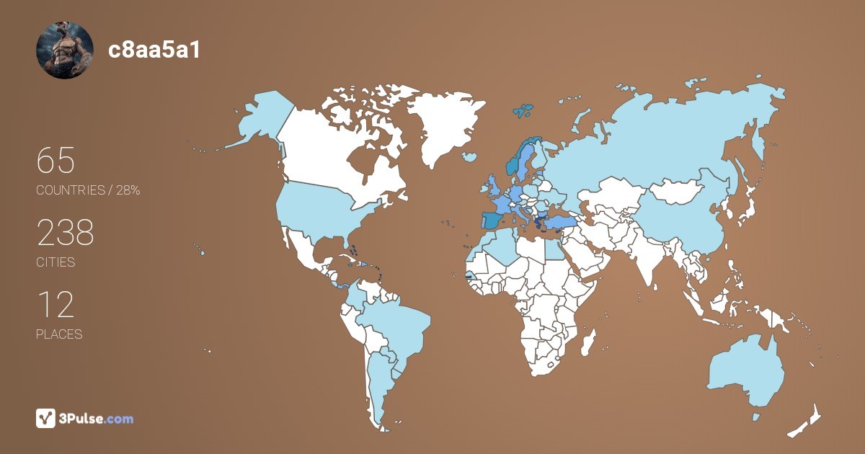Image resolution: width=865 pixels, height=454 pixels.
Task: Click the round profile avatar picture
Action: pos(65,50)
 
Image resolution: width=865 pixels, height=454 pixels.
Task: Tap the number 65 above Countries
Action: pos(56,161)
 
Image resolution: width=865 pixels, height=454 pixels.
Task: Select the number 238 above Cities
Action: pos(65,233)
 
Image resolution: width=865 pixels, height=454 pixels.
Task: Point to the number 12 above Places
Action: pos(55,305)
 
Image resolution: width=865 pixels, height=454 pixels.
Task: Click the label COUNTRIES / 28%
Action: pos(88,190)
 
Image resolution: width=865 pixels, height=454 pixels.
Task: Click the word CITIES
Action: pos(56,262)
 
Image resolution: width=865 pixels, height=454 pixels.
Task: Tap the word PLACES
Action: pos(59,334)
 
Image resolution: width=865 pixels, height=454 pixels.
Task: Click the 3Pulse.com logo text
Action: pos(97,419)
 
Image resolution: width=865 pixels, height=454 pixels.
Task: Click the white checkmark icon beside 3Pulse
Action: pos(45,419)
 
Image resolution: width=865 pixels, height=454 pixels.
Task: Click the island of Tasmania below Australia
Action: pos(755,417)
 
